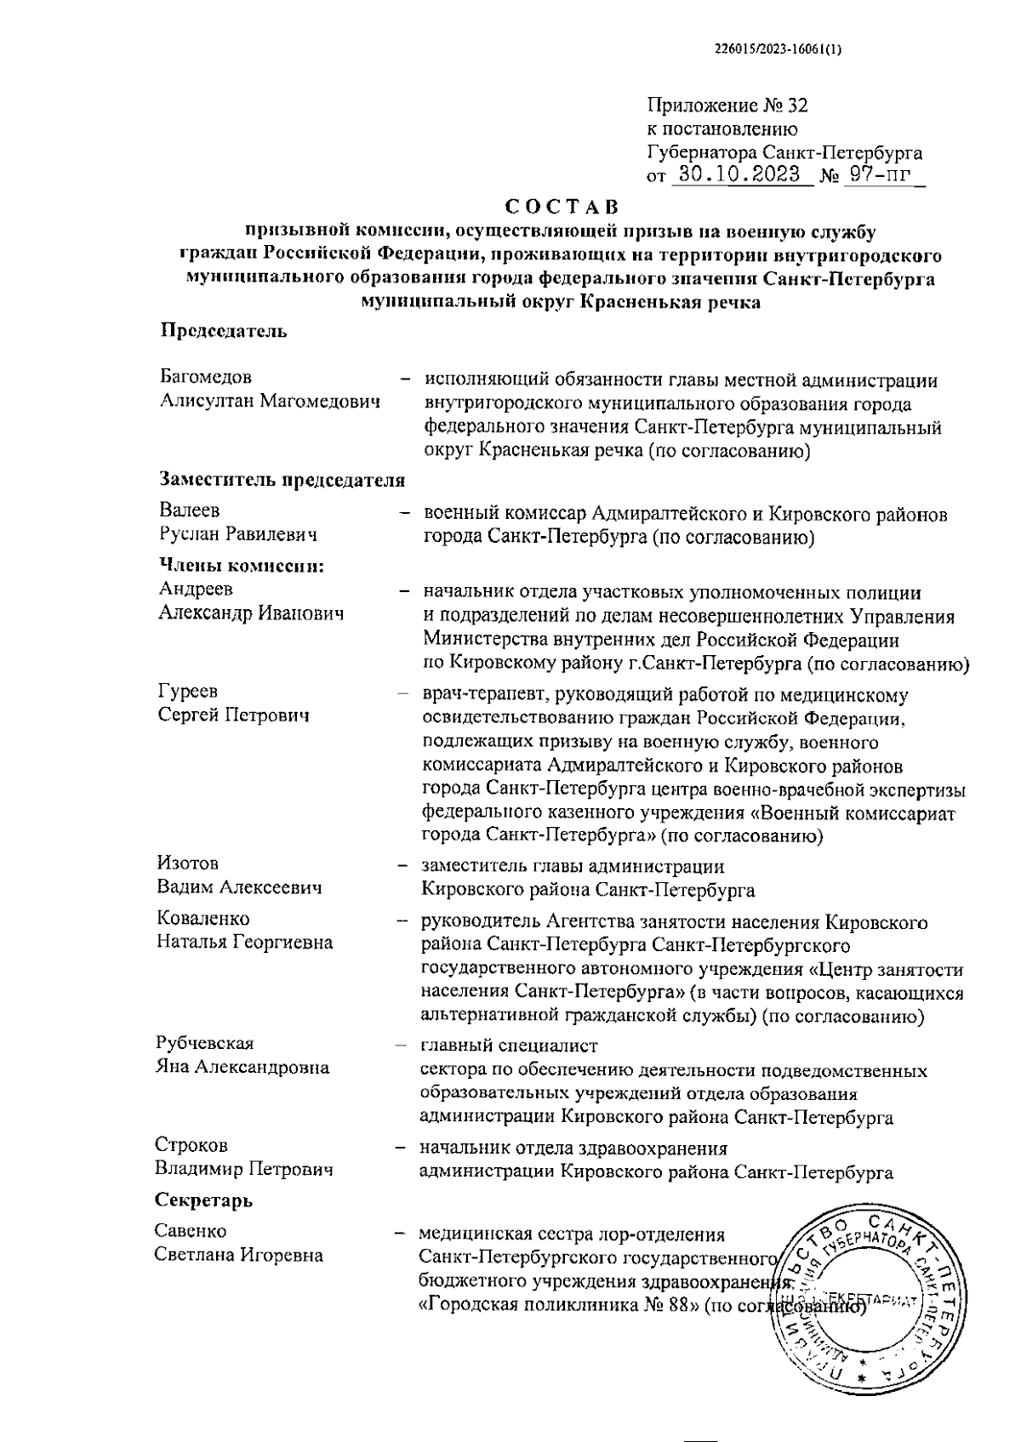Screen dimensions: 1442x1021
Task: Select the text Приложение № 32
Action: click(x=727, y=106)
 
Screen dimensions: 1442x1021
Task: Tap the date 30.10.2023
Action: click(x=737, y=176)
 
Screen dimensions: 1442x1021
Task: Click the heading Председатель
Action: click(x=224, y=332)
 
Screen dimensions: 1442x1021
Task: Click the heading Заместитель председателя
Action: click(x=282, y=481)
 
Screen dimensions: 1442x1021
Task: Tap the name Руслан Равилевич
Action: click(x=237, y=534)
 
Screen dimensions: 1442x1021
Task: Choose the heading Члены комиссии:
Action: click(x=243, y=566)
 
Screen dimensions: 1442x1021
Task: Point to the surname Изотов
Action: click(x=187, y=864)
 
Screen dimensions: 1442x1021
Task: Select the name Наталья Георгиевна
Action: click(x=243, y=943)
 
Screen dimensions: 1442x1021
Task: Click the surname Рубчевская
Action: click(x=204, y=1044)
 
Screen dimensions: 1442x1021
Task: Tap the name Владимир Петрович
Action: click(x=243, y=1169)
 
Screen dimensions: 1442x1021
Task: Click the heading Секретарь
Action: click(x=203, y=1200)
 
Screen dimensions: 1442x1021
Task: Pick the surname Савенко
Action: click(x=191, y=1231)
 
